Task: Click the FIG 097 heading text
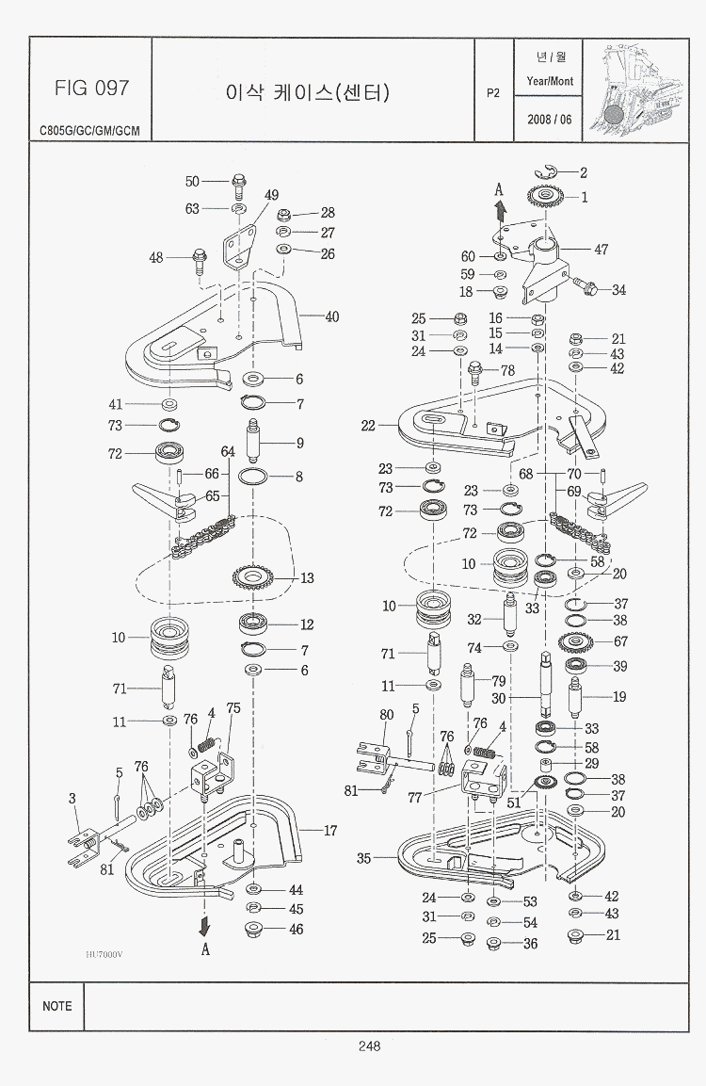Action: click(91, 89)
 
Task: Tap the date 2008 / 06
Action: click(550, 120)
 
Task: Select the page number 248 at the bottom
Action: click(368, 1045)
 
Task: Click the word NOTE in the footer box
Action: click(56, 1006)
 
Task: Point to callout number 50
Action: click(192, 182)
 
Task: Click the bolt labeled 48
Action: click(200, 257)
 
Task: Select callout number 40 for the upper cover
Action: click(331, 317)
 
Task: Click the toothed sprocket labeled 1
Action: click(545, 199)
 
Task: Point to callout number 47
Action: click(601, 250)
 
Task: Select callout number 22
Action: click(368, 426)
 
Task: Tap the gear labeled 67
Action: click(574, 643)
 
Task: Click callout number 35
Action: click(363, 858)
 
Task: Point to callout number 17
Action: click(329, 832)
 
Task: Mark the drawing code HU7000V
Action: click(104, 954)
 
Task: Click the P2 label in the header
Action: click(493, 92)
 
